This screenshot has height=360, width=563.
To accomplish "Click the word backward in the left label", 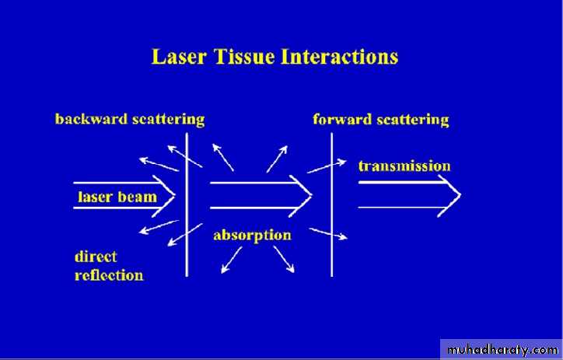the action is click(91, 119).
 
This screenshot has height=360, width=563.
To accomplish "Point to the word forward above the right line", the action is click(342, 119).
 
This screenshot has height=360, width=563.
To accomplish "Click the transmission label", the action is click(404, 166).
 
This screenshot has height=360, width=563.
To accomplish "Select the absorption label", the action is click(252, 236).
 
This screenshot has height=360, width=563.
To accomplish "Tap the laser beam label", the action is click(117, 197).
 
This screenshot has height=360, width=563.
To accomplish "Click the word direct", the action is click(96, 257).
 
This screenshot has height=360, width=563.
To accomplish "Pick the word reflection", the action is click(109, 275).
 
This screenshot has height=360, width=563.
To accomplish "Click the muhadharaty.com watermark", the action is click(502, 350).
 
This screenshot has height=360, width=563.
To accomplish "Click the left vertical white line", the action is click(187, 204).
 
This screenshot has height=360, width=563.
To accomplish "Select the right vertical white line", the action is click(331, 204).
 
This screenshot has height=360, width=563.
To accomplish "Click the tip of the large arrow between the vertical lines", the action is click(312, 195).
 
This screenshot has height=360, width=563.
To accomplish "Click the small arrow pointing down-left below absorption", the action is click(232, 260).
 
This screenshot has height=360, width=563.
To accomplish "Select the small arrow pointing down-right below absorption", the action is click(284, 259).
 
